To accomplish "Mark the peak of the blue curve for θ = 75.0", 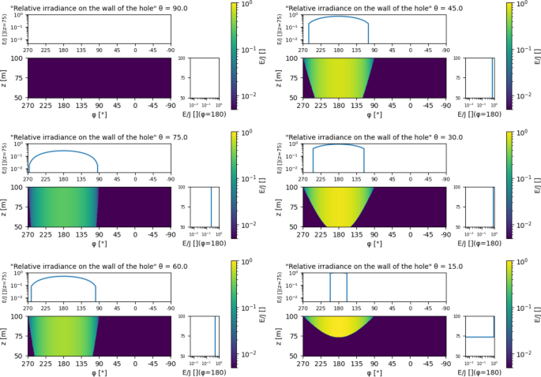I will pos(63,151).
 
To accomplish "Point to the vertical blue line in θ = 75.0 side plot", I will pos(211,207).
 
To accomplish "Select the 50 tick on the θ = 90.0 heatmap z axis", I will pos(20,97).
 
